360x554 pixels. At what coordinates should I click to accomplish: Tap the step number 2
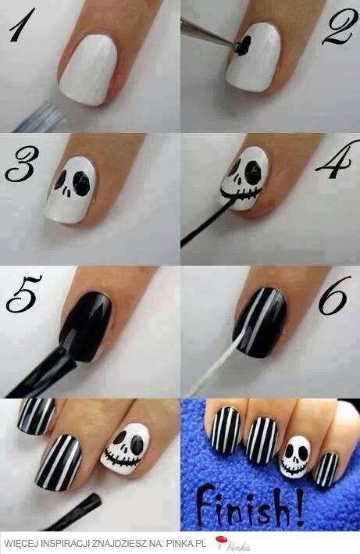click(337, 29)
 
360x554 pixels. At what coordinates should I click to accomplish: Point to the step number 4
click(333, 161)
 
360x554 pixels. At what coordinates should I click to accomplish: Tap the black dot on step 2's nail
click(245, 46)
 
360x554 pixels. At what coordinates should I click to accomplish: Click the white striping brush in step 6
click(216, 363)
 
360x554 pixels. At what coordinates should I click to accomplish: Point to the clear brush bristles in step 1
click(41, 117)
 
